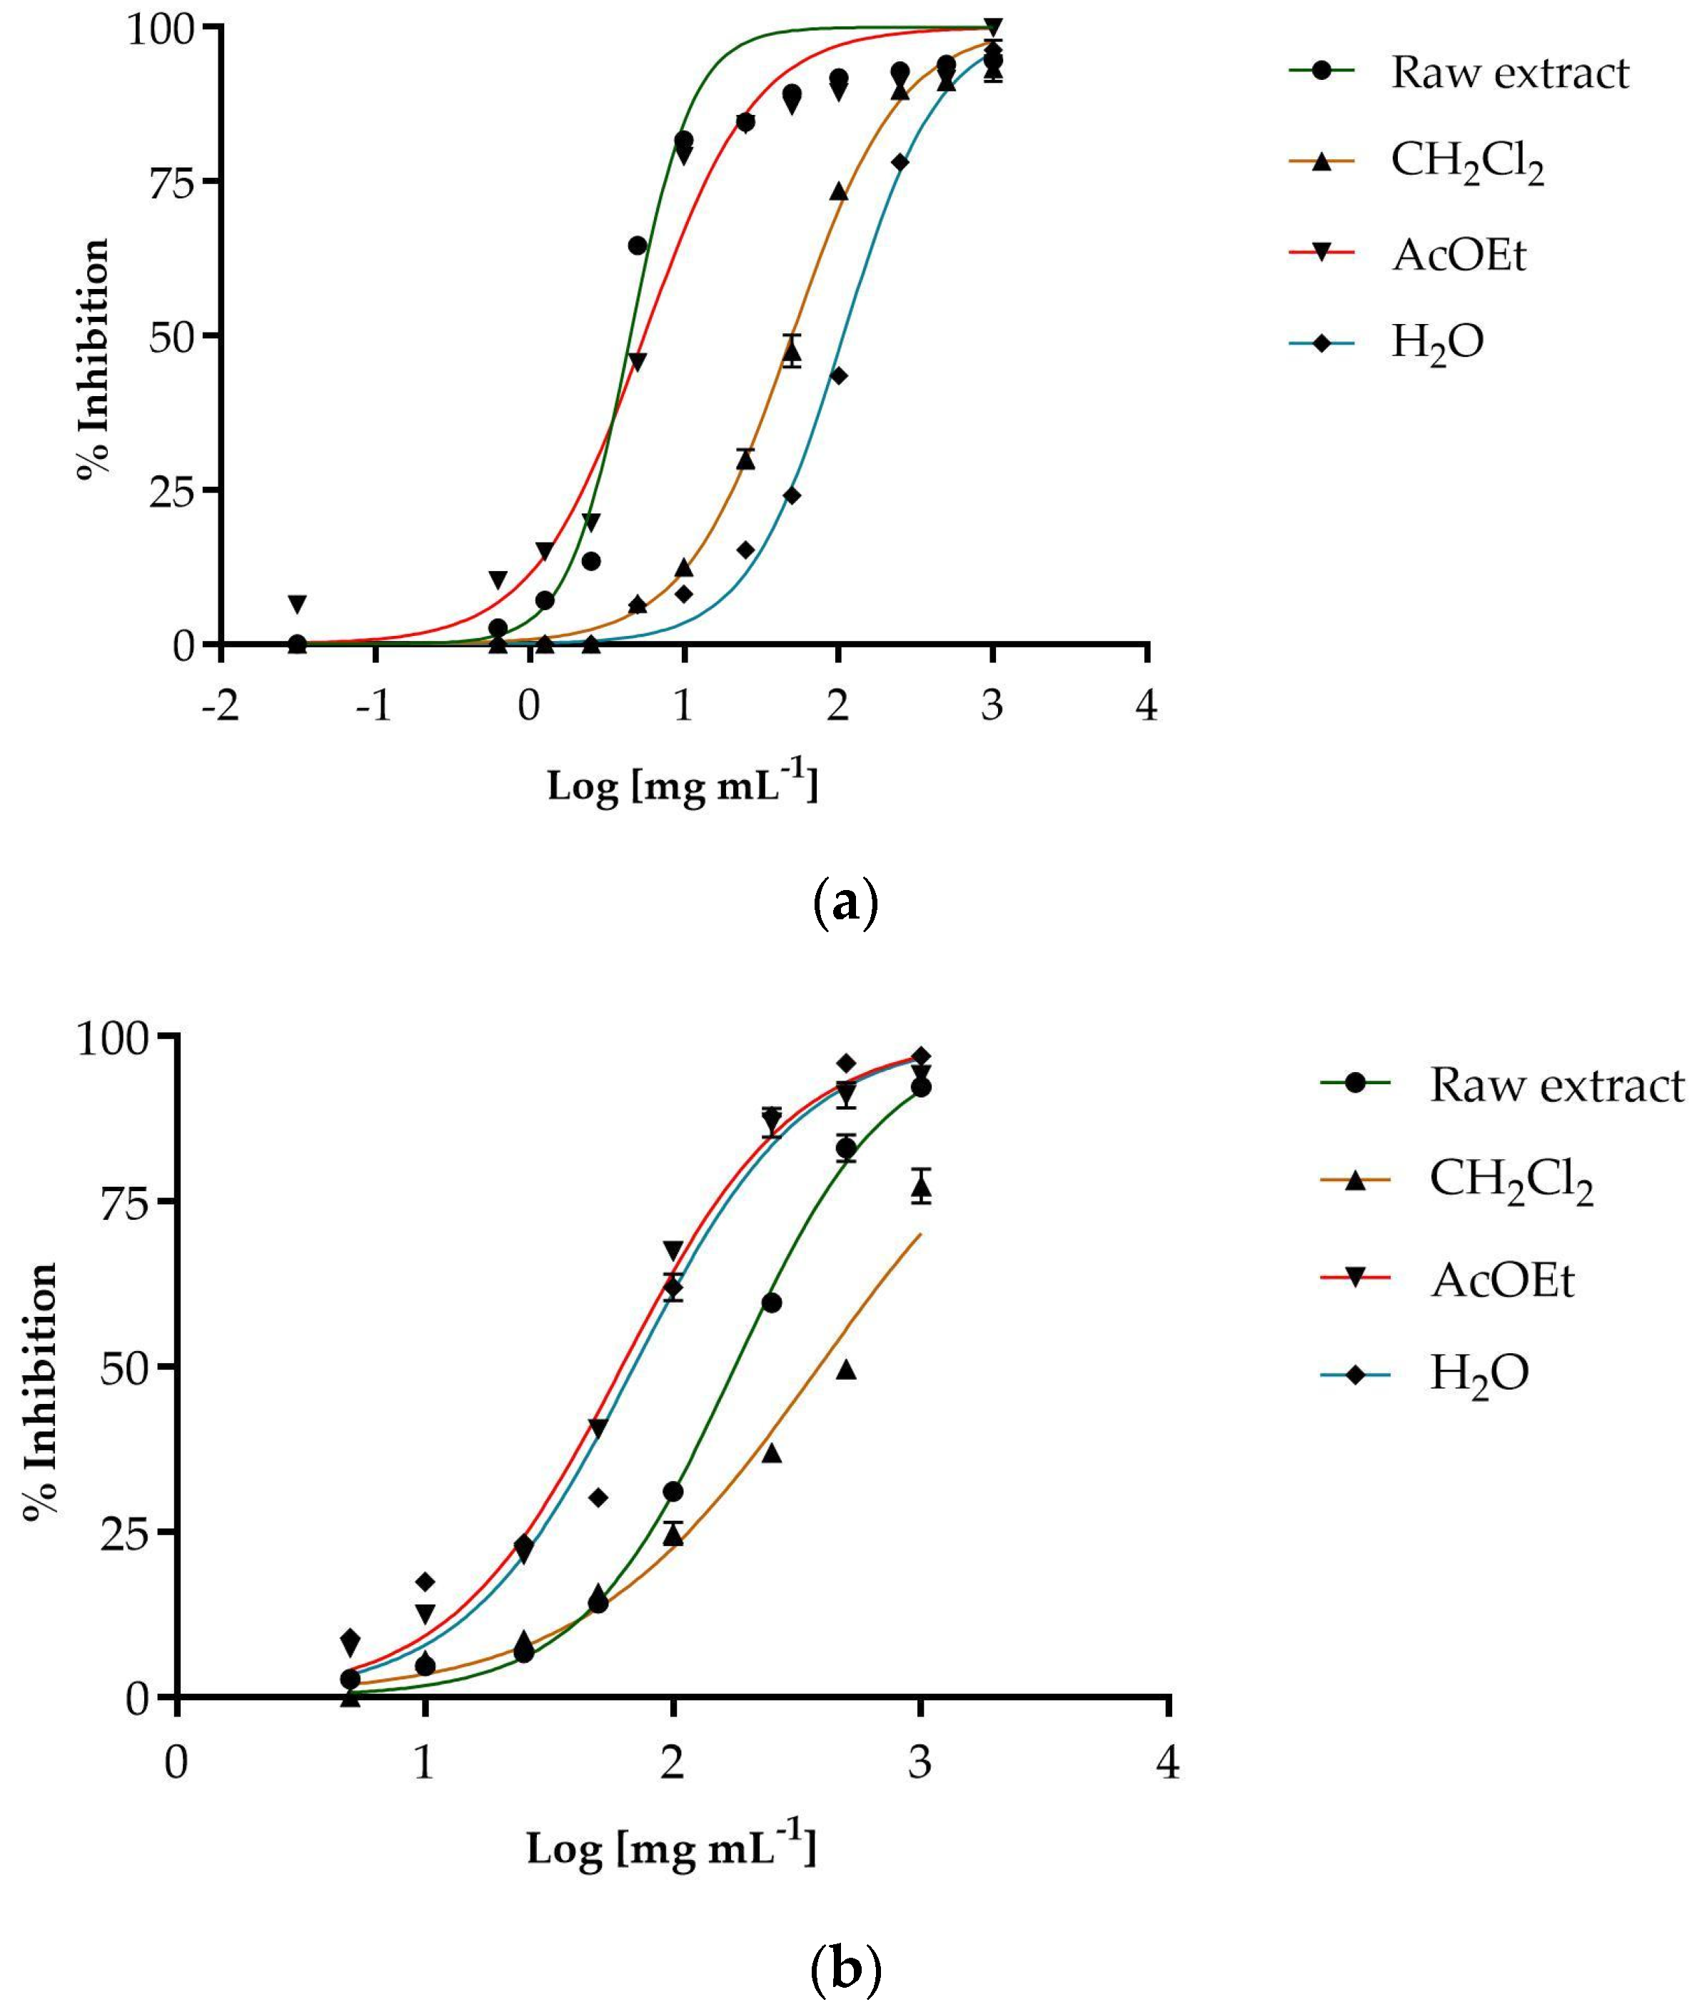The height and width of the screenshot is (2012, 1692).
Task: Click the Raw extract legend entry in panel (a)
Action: tap(1509, 73)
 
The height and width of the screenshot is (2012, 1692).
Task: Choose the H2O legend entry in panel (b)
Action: tap(1478, 1374)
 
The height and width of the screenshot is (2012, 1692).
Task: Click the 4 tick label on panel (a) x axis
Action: tap(1147, 706)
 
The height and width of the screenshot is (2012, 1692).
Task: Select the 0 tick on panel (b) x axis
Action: tap(176, 1763)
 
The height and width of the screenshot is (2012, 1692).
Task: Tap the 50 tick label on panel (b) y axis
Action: tap(125, 1367)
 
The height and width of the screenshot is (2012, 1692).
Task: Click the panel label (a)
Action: tap(844, 904)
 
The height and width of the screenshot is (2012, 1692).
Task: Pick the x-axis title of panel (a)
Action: tap(683, 785)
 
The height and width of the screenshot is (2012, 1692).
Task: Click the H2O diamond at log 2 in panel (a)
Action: tap(837, 375)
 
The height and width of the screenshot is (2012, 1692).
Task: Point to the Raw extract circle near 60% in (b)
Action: tap(771, 1303)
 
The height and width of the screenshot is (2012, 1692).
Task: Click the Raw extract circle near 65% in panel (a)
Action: tap(638, 246)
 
